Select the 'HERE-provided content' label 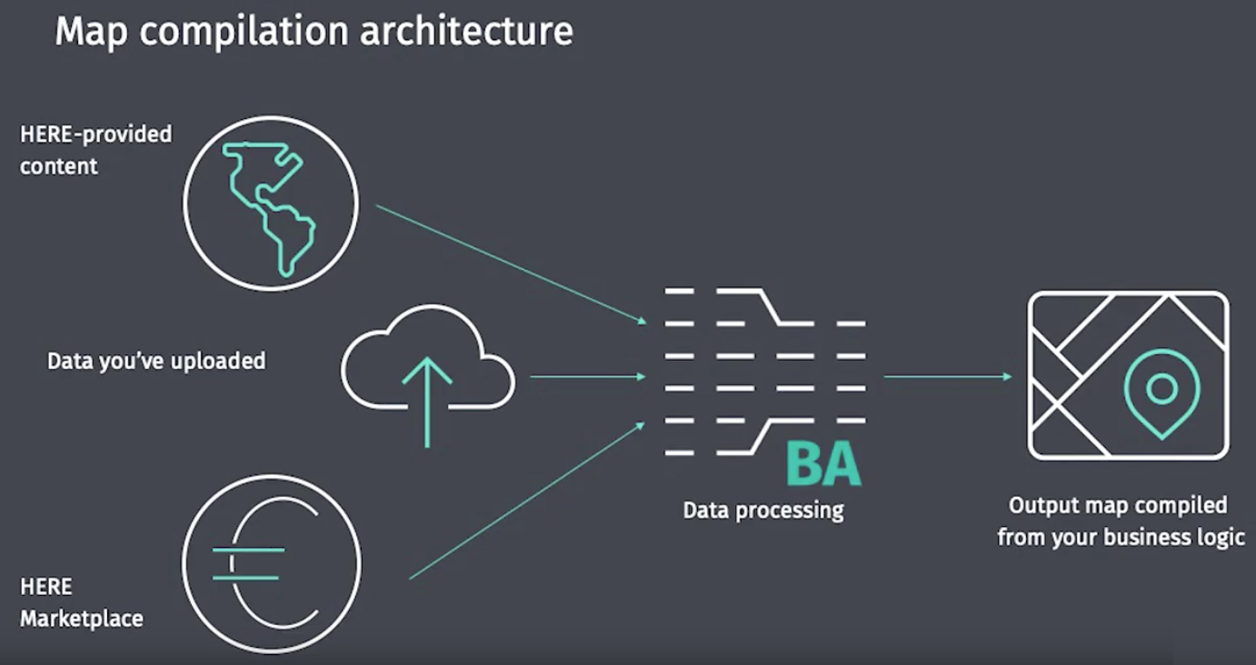95,150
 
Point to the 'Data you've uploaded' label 156,361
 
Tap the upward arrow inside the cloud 427,400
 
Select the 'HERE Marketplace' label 81,602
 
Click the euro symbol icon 271,563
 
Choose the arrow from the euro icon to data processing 527,500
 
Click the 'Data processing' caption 763,510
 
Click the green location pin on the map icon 1161,391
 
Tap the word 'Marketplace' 81,619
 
